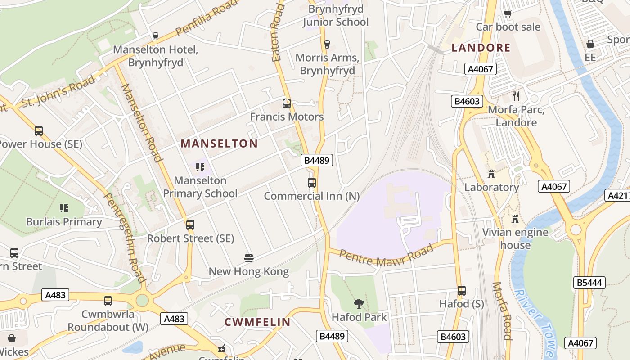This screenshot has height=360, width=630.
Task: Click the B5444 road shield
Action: (589, 283)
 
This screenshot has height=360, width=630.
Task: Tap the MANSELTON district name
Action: (219, 144)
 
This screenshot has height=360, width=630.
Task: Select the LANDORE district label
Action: (481, 48)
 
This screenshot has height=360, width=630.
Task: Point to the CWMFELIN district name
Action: (257, 322)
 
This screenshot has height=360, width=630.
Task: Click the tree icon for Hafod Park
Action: (359, 304)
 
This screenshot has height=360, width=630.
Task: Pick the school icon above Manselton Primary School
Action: (200, 167)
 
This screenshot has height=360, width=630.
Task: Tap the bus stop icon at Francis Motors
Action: (287, 103)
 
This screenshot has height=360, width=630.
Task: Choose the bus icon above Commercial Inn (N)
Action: (312, 183)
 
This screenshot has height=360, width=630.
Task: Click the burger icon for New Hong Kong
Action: (249, 258)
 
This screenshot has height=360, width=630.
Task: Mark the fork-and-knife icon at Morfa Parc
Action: (516, 96)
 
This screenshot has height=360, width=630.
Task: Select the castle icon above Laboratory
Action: (491, 174)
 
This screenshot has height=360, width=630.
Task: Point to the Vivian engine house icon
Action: (515, 219)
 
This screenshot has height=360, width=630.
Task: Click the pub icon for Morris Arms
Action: (327, 44)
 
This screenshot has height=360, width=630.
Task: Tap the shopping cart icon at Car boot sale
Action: (508, 13)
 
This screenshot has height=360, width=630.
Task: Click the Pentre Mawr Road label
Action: (387, 255)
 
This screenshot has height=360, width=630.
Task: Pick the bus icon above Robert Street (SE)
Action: (190, 225)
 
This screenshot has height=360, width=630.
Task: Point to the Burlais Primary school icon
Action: (63, 208)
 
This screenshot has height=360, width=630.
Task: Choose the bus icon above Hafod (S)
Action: (461, 291)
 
